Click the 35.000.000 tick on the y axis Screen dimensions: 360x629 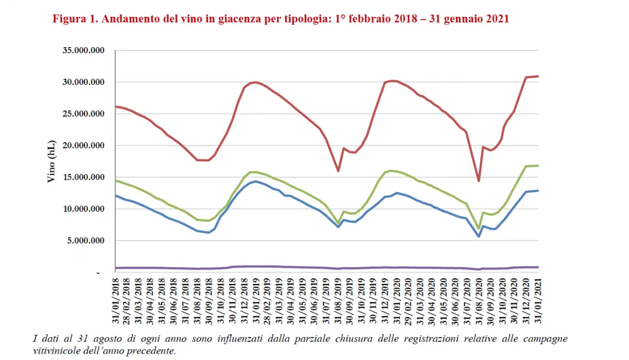tap(84, 51)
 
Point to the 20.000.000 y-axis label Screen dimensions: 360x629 tap(84, 146)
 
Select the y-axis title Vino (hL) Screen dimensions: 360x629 tap(51, 161)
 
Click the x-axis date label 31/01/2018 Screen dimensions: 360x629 tap(116, 301)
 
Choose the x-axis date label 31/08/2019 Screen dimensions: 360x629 tap(339, 301)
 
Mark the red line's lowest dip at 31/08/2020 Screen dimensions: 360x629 tap(479, 181)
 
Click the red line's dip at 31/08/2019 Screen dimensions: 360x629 tap(339, 171)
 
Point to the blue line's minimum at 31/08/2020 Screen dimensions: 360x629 tap(479, 236)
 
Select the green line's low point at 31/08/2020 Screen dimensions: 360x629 tap(479, 229)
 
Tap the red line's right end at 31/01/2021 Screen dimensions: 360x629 tap(538, 76)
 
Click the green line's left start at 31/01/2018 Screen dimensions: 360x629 tap(116, 181)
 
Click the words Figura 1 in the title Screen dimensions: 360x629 tap(74, 19)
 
